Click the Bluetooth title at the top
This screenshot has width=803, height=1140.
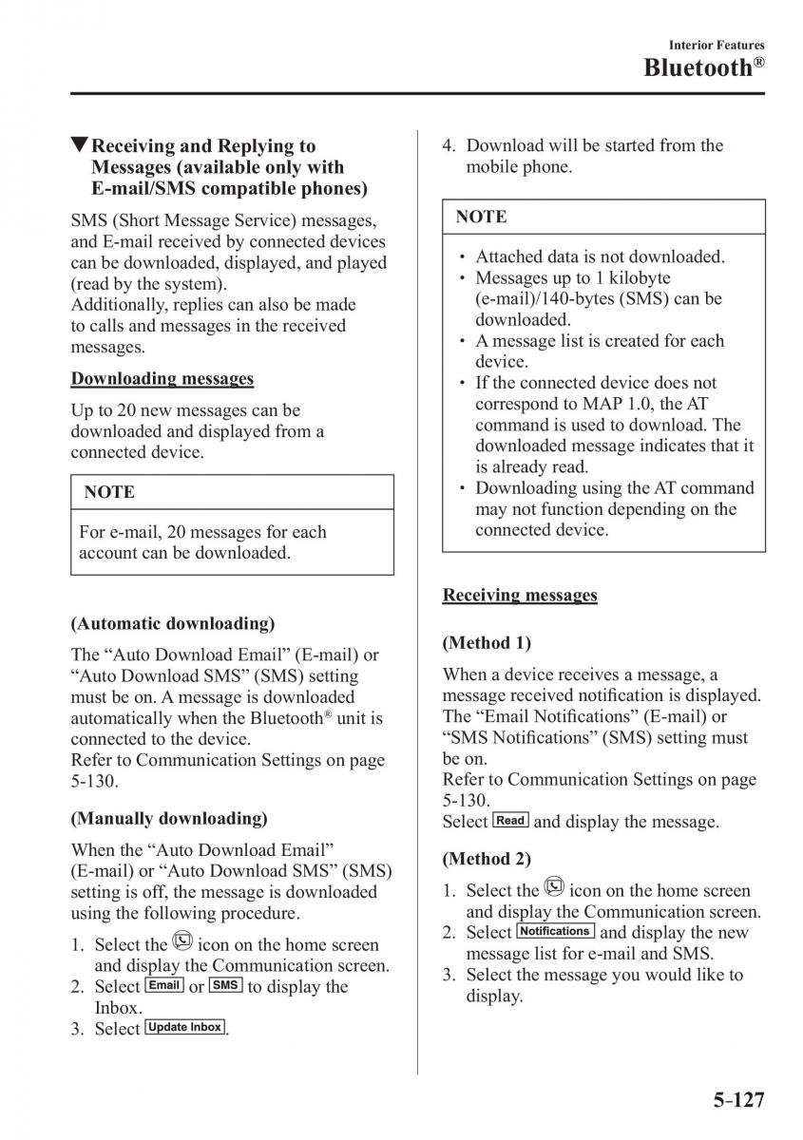click(703, 67)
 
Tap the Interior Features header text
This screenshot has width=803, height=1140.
click(717, 45)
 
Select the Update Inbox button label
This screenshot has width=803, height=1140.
click(185, 1027)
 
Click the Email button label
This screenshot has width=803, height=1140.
click(164, 985)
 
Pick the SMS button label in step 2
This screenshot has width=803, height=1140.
click(225, 985)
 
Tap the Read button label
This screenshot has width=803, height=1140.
click(511, 820)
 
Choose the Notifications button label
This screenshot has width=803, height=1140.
click(556, 931)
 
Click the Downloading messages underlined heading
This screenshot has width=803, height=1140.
click(162, 378)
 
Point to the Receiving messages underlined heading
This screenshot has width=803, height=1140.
click(520, 595)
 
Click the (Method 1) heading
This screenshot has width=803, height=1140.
click(487, 642)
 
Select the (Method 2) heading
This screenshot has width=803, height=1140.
click(487, 859)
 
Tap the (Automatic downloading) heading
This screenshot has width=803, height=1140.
click(172, 623)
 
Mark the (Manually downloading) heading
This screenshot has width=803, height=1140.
click(169, 818)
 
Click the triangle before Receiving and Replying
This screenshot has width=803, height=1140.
click(80, 145)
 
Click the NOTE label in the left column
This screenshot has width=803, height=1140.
click(109, 492)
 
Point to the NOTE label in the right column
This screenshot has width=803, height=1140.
click(481, 217)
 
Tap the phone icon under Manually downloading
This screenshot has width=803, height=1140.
click(182, 942)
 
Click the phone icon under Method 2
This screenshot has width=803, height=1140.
click(555, 888)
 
